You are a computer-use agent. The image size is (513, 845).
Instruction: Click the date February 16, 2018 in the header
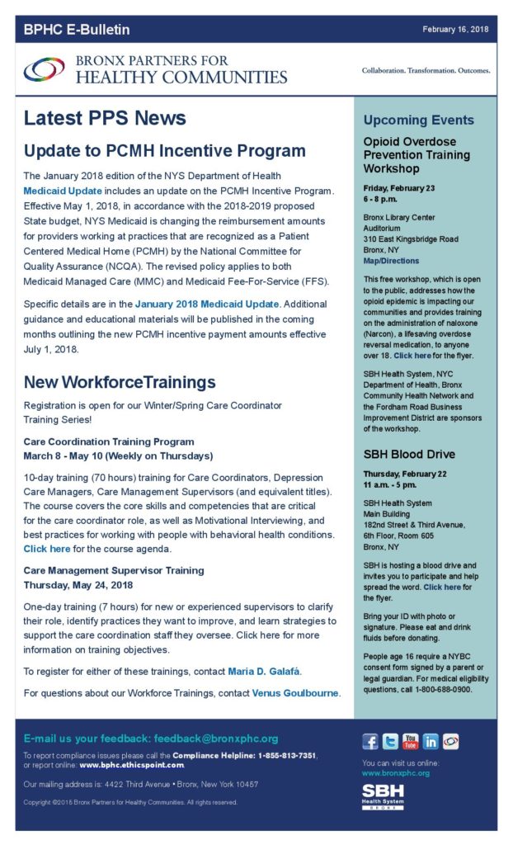click(x=455, y=30)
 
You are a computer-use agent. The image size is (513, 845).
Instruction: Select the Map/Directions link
click(x=391, y=261)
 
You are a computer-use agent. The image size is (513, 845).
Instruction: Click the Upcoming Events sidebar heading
click(x=419, y=120)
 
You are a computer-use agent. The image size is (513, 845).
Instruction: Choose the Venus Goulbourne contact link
click(x=295, y=692)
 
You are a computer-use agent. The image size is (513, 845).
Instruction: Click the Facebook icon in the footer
click(x=370, y=741)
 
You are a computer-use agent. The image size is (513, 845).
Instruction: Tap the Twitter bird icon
click(x=390, y=741)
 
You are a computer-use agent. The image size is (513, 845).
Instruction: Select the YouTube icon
click(x=410, y=741)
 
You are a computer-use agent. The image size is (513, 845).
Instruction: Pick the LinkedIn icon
click(x=431, y=741)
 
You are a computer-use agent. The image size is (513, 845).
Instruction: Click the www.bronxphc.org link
click(x=396, y=773)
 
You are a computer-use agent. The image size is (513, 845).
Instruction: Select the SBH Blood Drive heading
click(x=409, y=455)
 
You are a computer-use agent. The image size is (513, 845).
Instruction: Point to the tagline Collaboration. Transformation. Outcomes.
click(x=426, y=71)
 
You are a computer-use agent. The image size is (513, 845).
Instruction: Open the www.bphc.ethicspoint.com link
click(x=132, y=765)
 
